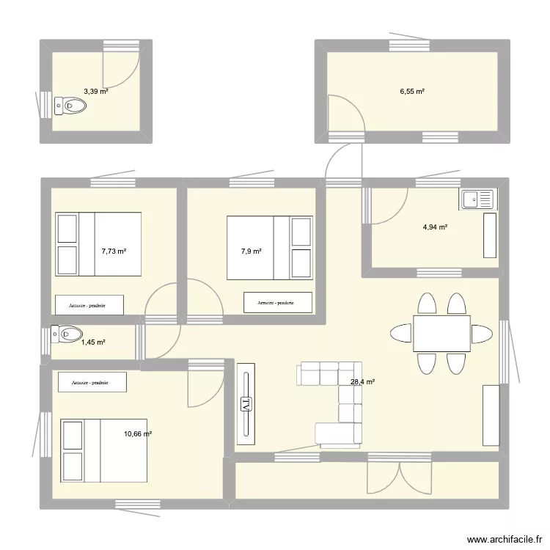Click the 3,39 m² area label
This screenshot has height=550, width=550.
95,92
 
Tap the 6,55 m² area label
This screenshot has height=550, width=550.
412,92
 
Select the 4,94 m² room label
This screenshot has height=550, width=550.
435,227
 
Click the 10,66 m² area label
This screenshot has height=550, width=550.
138,434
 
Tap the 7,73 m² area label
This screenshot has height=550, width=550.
114,251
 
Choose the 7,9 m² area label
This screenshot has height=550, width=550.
251,251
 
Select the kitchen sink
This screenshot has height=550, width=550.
477,198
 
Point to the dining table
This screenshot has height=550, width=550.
441,334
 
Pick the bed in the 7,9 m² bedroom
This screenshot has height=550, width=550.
270,248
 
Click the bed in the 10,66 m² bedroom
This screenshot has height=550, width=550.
103,450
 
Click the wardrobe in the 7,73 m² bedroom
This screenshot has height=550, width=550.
89,304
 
